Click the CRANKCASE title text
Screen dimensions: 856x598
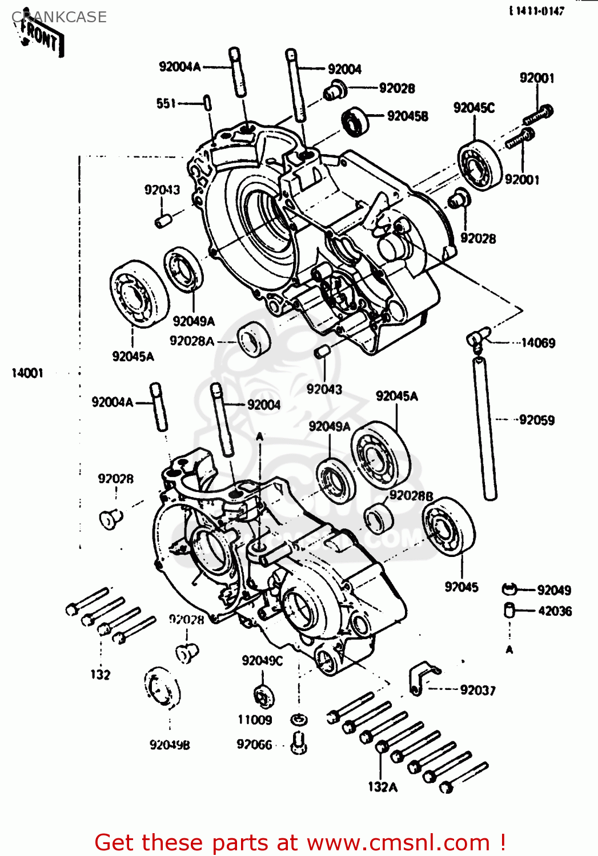pos(59,17)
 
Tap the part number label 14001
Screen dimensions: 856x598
pos(27,373)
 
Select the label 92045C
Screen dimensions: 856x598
pos(473,108)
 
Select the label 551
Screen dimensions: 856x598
pos(166,103)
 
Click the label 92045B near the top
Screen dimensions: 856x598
pos(407,116)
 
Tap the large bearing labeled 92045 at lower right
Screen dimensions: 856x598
pos(449,526)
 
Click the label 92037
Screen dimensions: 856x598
pos(477,691)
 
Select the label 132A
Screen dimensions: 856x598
pos(382,787)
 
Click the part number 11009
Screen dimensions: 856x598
pos(255,720)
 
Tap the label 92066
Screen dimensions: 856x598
pos(254,745)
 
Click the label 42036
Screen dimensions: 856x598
pos(554,611)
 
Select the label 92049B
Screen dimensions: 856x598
pos(170,745)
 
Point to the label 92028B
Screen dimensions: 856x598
pos(411,496)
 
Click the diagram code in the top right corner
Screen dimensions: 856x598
pos(536,11)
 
